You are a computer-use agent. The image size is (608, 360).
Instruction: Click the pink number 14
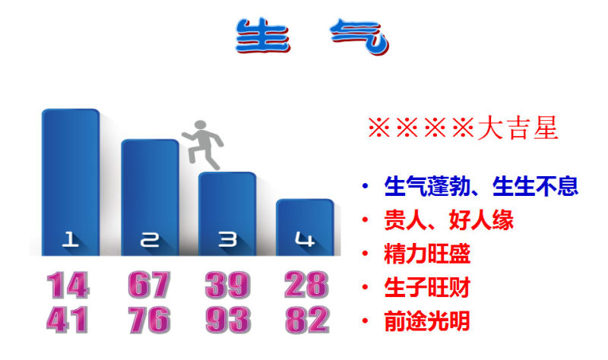coord(68,286)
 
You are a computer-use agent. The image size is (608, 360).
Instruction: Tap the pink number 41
coord(67,320)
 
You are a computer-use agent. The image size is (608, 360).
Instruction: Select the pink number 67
coord(149,286)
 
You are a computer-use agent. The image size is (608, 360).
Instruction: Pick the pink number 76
coord(149,320)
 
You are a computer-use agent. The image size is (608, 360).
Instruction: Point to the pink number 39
coord(227,286)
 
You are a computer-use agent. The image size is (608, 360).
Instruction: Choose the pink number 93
coord(228,320)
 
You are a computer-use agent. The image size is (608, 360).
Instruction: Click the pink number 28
coord(306,286)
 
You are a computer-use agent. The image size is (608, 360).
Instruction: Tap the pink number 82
coord(307,320)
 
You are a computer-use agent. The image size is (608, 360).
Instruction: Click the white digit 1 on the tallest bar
coord(70,239)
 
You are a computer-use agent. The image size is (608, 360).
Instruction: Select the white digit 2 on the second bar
coord(150,240)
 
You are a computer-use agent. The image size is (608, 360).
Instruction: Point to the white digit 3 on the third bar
coord(227,239)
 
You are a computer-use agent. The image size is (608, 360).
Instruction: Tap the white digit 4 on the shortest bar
coord(305,239)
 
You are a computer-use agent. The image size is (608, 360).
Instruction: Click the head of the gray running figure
coord(201,125)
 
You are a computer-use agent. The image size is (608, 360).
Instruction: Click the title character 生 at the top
coord(263,36)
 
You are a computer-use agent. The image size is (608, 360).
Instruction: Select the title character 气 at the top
coord(359,36)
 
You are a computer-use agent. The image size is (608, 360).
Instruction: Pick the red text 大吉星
coord(518,128)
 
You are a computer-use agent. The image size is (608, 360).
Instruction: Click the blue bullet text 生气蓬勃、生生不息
coord(481,186)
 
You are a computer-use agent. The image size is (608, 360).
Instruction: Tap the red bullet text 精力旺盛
coord(427,254)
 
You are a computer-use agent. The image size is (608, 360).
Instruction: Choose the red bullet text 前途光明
coord(426,321)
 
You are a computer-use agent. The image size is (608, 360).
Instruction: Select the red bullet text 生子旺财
coord(427,287)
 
